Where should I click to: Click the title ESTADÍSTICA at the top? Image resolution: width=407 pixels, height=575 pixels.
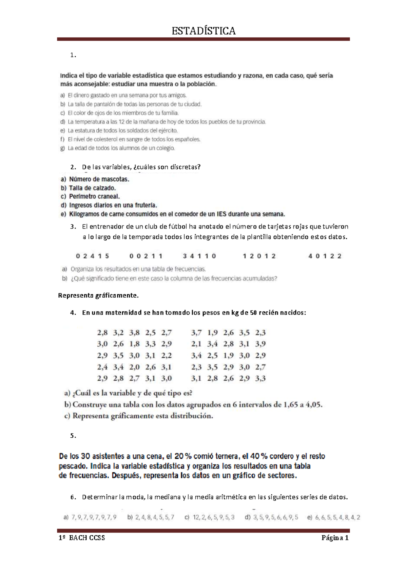[203, 31]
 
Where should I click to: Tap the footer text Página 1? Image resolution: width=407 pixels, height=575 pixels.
[335, 538]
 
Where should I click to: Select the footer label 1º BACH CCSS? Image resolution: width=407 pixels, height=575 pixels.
[82, 538]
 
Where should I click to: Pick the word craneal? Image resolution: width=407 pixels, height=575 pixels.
[109, 196]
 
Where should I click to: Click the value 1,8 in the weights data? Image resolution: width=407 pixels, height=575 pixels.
[134, 344]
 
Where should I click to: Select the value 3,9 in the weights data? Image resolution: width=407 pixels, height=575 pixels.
[260, 344]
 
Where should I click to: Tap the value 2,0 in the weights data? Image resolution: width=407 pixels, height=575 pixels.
[134, 367]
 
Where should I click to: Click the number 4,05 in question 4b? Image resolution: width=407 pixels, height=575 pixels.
[313, 404]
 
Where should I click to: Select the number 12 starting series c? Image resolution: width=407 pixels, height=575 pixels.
[196, 517]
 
